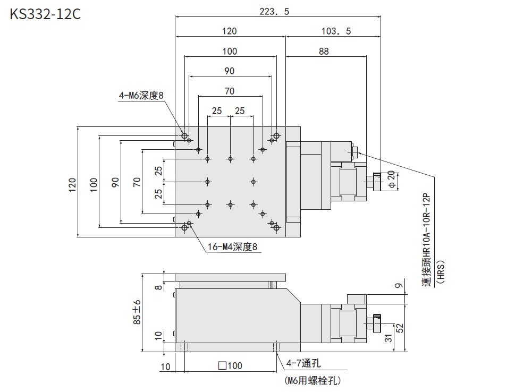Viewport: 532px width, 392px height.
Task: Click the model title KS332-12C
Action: pyautogui.click(x=45, y=14)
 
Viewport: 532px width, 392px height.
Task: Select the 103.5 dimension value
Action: pyautogui.click(x=336, y=32)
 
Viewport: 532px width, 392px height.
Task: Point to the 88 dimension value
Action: pyautogui.click(x=324, y=52)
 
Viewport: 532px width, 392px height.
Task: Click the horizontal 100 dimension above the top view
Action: pyautogui.click(x=230, y=52)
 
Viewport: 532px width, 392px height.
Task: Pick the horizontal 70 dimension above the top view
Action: pyautogui.click(x=230, y=91)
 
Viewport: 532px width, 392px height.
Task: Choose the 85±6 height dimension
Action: pyautogui.click(x=137, y=312)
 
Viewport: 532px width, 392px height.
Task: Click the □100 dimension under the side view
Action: pyautogui.click(x=230, y=365)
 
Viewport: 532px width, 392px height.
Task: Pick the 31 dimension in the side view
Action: pyautogui.click(x=389, y=338)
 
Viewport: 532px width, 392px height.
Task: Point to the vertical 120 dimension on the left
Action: pyautogui.click(x=73, y=183)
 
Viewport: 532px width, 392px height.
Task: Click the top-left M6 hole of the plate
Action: pyautogui.click(x=184, y=137)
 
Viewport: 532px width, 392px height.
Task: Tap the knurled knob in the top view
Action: pyautogui.click(x=377, y=182)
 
